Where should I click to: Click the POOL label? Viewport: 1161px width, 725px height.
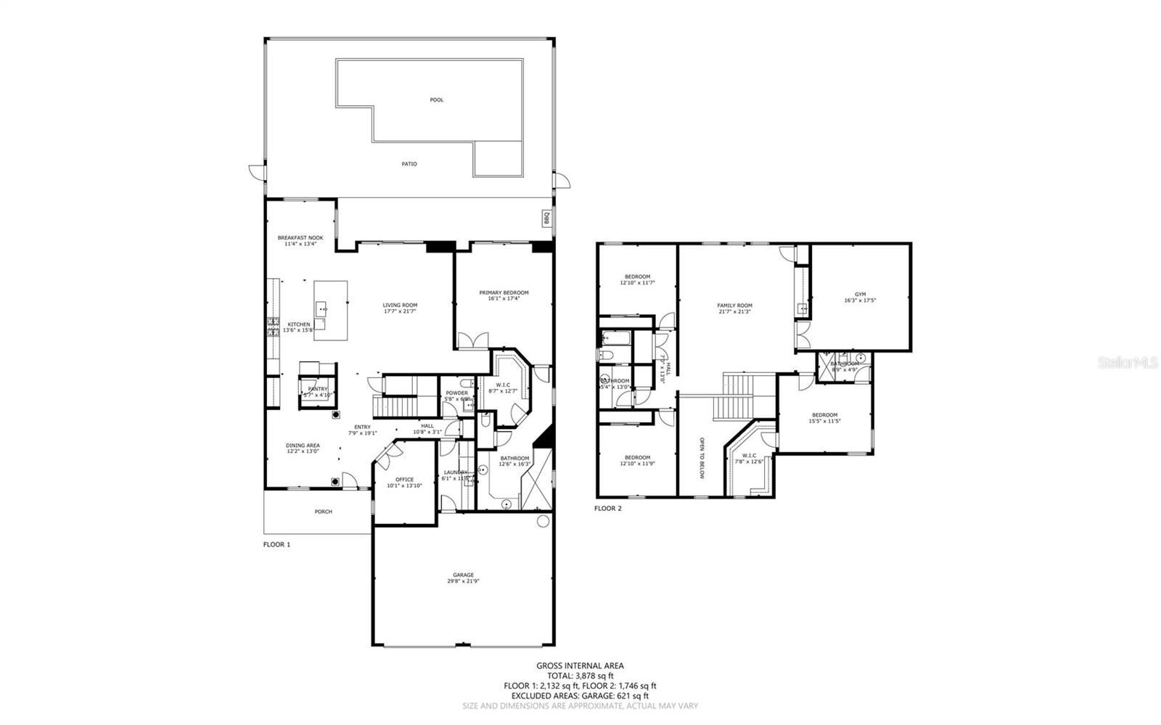coord(436,99)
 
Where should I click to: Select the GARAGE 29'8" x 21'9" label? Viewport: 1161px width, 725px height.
coord(463,578)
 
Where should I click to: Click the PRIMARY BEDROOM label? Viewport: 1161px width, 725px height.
coord(504,295)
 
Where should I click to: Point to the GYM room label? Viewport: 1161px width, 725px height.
coord(860,297)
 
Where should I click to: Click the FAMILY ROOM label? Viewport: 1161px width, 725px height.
coord(734,308)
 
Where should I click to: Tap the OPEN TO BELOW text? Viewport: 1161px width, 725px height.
coord(702,458)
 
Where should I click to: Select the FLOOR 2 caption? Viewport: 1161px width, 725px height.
coord(608,509)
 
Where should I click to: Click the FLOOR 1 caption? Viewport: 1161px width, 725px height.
coord(276,544)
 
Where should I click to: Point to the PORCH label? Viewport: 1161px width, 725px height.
coord(323,512)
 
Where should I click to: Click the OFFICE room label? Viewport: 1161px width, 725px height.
coord(404,482)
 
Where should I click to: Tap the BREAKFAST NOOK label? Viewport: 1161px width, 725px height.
coord(300,240)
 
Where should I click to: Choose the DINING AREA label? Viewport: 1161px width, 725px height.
coord(302,448)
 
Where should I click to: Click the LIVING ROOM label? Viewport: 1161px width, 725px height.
coord(400,308)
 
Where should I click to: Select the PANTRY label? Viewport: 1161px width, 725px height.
coord(318,390)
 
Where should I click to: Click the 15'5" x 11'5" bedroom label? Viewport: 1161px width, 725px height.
coord(824,418)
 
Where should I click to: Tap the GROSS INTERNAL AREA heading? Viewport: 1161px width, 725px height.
coord(580,665)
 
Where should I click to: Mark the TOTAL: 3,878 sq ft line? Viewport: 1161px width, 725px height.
coord(580,676)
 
